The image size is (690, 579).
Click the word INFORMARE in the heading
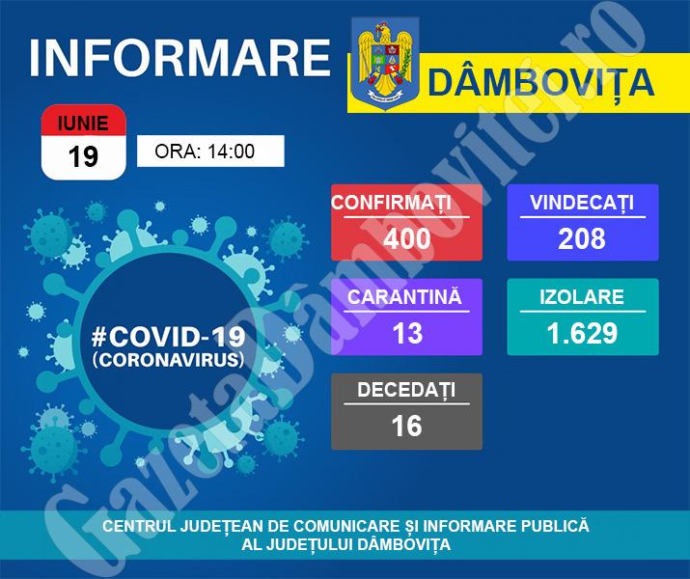click(180, 58)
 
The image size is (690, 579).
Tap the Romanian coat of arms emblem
click(385, 63)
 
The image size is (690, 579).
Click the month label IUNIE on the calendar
click(83, 124)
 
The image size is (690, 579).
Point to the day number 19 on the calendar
click(83, 156)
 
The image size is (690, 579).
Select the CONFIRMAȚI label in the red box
click(391, 203)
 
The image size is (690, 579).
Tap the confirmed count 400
click(406, 239)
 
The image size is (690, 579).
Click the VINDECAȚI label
click(582, 203)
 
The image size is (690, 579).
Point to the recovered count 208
click(582, 239)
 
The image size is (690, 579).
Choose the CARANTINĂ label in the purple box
click(404, 296)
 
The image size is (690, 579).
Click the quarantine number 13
click(408, 333)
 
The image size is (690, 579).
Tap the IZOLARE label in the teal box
click(582, 297)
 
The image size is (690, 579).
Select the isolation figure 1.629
click(582, 333)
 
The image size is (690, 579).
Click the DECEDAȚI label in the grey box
click(406, 391)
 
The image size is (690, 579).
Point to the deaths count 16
click(406, 426)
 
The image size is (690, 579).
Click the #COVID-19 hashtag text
click(168, 337)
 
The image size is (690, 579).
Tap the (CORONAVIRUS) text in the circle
click(168, 360)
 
